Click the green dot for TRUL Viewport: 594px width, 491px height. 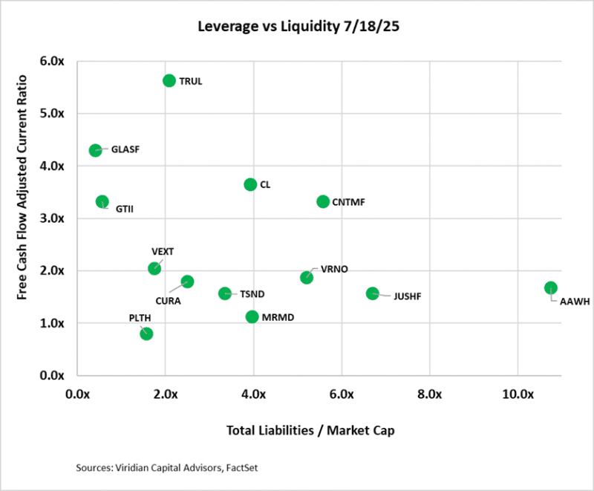click(x=169, y=80)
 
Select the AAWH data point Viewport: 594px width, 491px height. click(x=550, y=287)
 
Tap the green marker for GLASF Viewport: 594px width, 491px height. click(x=95, y=150)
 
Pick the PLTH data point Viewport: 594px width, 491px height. click(x=146, y=334)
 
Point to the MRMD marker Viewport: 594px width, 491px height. click(x=252, y=316)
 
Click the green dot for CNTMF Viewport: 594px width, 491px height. click(x=323, y=201)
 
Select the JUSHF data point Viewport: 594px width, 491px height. click(x=373, y=293)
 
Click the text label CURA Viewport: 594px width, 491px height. click(x=168, y=300)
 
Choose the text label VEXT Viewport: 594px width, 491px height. click(x=163, y=252)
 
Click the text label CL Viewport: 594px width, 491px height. click(x=265, y=184)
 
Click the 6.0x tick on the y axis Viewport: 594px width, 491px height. click(x=52, y=61)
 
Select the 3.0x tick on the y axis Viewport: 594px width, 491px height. click(x=52, y=218)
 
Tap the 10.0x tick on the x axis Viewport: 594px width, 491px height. click(x=518, y=393)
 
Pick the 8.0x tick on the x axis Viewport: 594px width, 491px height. click(x=430, y=393)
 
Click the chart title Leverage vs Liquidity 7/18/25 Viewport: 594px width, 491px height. click(x=297, y=27)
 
